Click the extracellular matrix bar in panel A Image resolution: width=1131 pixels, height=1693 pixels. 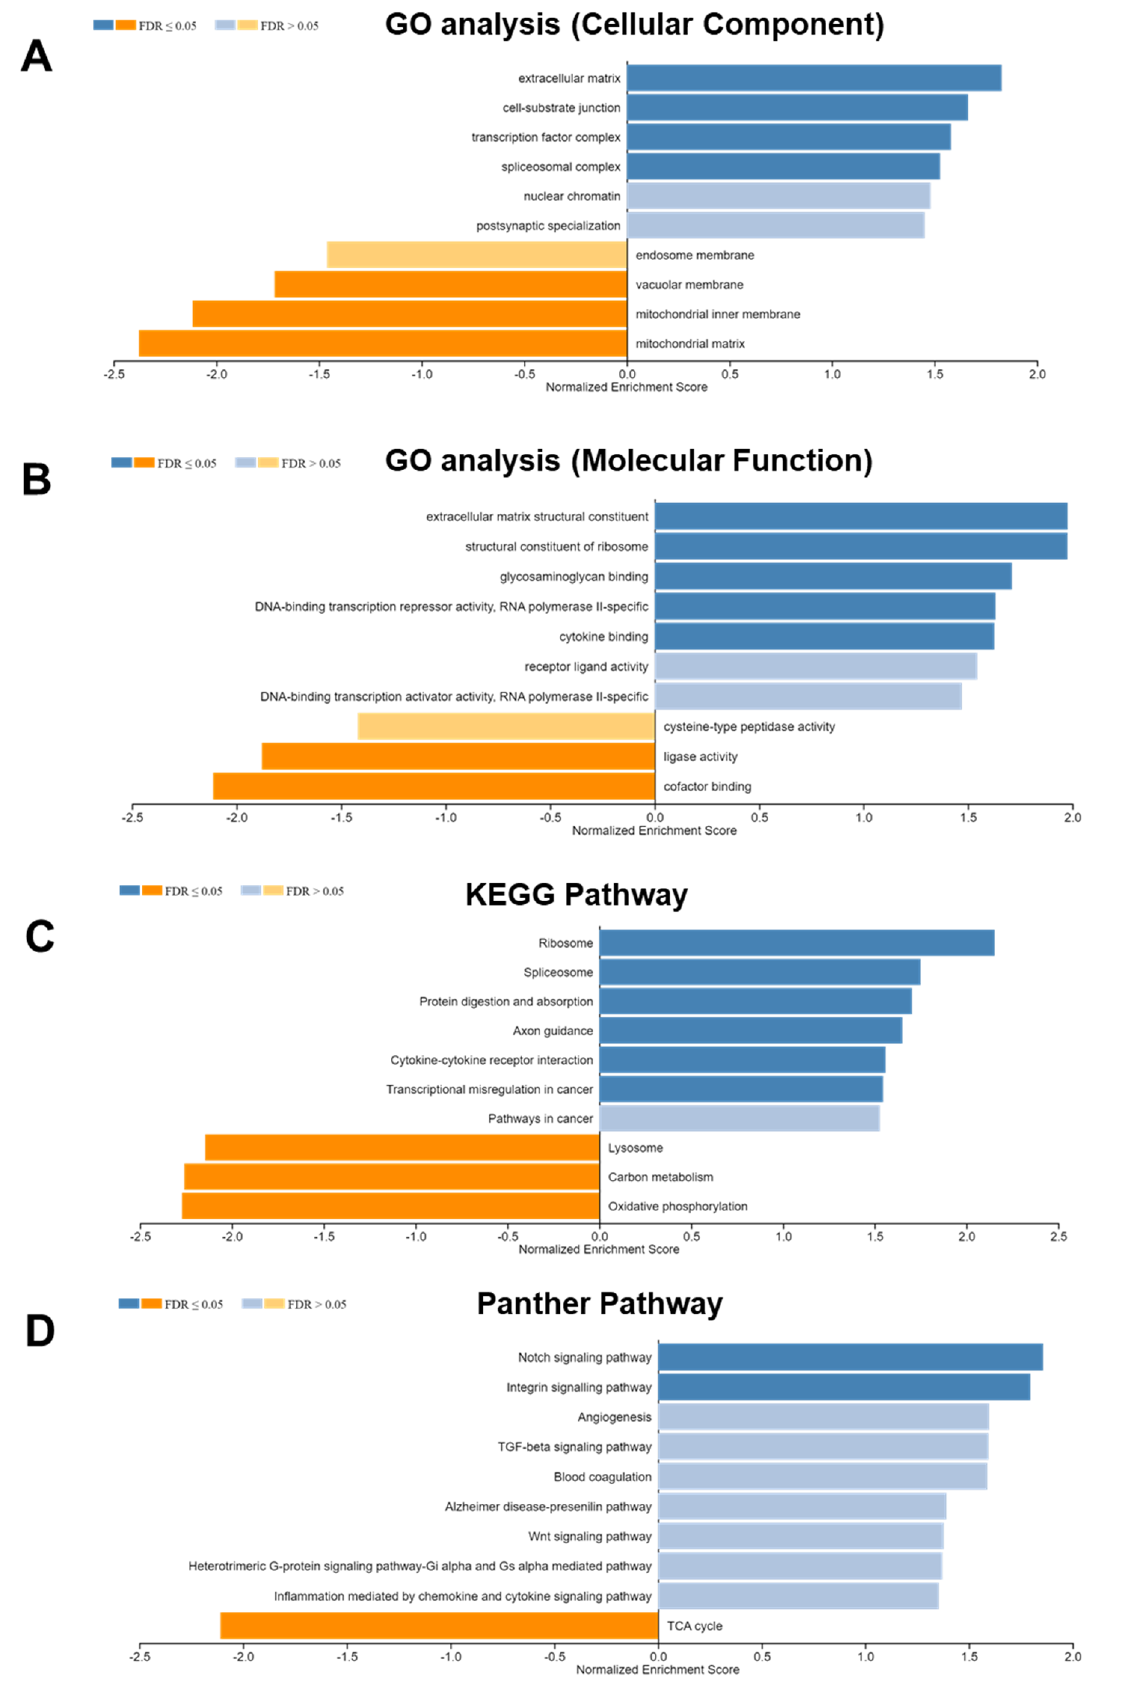(814, 78)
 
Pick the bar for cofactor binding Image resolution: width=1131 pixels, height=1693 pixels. (433, 786)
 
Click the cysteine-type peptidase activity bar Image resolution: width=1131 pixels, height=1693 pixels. (505, 726)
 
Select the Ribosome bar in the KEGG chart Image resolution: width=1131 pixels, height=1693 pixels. (796, 942)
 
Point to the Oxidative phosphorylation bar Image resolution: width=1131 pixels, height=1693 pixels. (390, 1206)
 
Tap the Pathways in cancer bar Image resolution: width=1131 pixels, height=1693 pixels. (739, 1118)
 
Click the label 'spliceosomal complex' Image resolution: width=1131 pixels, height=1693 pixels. (560, 167)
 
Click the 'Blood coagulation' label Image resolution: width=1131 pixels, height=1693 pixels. (602, 1476)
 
